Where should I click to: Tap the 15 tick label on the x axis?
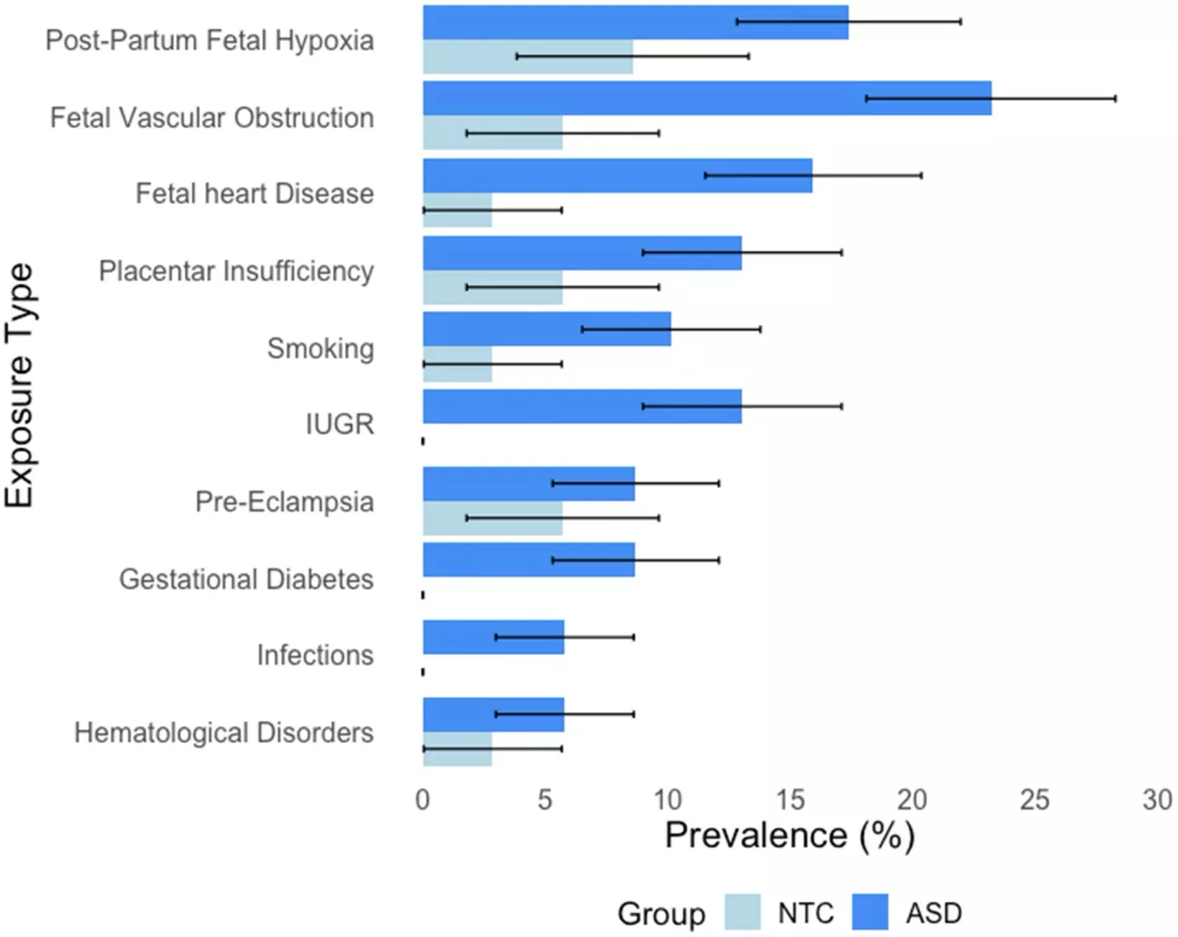pyautogui.click(x=789, y=799)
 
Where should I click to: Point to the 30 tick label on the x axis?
pyautogui.click(x=1157, y=799)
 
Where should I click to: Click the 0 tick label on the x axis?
pyautogui.click(x=422, y=799)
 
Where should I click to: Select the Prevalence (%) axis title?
pyautogui.click(x=789, y=836)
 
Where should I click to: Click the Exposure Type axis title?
pyautogui.click(x=20, y=385)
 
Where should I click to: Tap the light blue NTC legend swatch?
pyautogui.click(x=742, y=912)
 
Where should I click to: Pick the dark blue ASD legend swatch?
pyautogui.click(x=870, y=912)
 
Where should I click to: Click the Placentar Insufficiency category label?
pyautogui.click(x=236, y=271)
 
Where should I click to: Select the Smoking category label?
pyautogui.click(x=320, y=348)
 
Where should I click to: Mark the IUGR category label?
pyautogui.click(x=339, y=424)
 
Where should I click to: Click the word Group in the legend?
pyautogui.click(x=661, y=914)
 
